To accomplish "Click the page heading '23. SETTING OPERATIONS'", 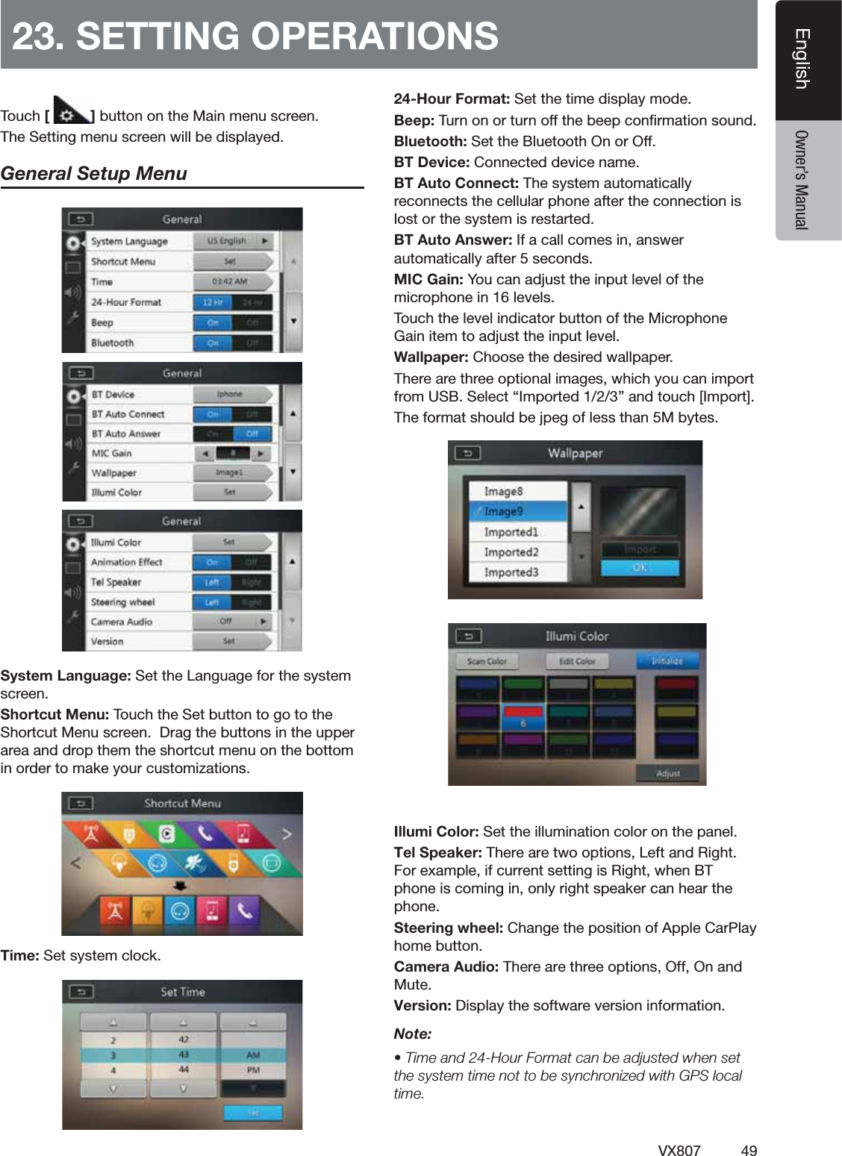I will (x=255, y=35).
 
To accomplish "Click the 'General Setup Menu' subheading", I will (x=94, y=174).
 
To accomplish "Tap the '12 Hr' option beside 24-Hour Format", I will (x=213, y=302).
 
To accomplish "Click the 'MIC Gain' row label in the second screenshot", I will (x=111, y=453).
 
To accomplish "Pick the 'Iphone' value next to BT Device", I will (x=230, y=394).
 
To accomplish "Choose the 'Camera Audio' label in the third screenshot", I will (x=121, y=622).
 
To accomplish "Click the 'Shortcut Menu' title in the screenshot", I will (x=182, y=804).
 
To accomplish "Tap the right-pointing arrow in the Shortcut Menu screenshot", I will (x=287, y=834).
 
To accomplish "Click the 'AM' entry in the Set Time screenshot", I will (x=253, y=1055).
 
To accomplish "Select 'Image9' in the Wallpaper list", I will (x=504, y=512).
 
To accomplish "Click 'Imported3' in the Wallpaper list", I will (x=511, y=572).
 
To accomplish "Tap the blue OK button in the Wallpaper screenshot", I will (x=640, y=568).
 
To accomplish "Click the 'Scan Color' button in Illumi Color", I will (x=487, y=661).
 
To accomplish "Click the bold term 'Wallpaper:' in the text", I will (x=431, y=357).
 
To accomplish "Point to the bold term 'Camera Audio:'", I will (x=446, y=966).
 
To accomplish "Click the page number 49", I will (x=749, y=1150).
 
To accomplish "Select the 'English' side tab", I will (x=802, y=59).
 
